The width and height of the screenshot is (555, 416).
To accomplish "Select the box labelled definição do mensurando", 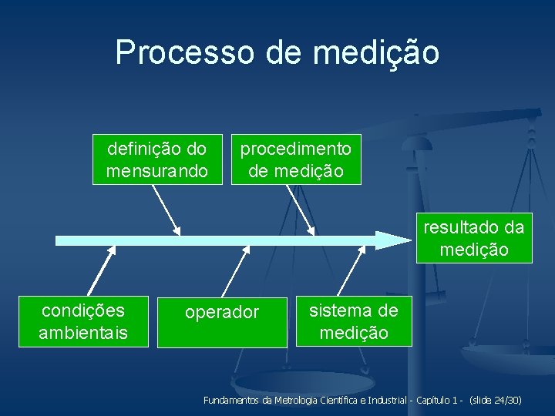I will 157,159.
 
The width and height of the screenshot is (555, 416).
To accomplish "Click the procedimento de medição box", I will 296,159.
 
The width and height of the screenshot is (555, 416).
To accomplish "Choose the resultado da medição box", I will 474,239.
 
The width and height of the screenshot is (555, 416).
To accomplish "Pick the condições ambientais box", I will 83,321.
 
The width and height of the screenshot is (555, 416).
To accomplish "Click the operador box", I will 222,322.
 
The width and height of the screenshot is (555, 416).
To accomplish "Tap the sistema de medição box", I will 354,321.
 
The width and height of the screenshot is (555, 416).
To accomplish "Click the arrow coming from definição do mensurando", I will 166,209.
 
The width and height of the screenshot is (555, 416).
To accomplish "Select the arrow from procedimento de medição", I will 301,209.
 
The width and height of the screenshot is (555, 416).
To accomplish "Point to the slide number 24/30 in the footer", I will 506,401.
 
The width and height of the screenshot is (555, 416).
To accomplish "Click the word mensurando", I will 157,170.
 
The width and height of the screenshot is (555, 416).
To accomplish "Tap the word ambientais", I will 83,333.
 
